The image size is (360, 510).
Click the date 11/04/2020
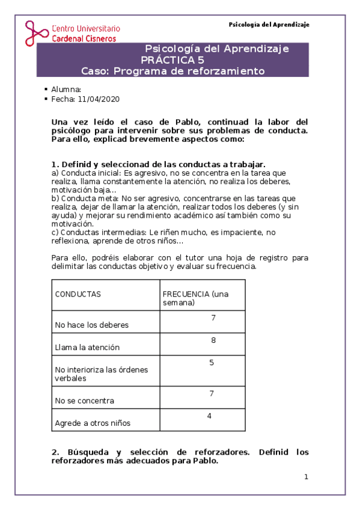tap(103, 99)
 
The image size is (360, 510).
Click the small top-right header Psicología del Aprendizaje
tap(269, 25)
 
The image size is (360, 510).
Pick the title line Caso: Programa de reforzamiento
tap(172, 70)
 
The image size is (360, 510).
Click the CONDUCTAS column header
tap(78, 294)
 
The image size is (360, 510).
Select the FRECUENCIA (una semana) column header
tap(195, 298)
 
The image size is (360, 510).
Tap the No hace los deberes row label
tap(91, 325)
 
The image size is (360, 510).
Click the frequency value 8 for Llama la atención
tap(213, 340)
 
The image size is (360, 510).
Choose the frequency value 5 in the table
tap(212, 363)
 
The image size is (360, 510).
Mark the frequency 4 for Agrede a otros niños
tap(209, 416)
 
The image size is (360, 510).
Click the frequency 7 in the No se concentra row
tap(212, 393)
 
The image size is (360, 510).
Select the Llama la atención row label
tap(87, 347)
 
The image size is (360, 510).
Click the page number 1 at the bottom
tap(306, 477)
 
